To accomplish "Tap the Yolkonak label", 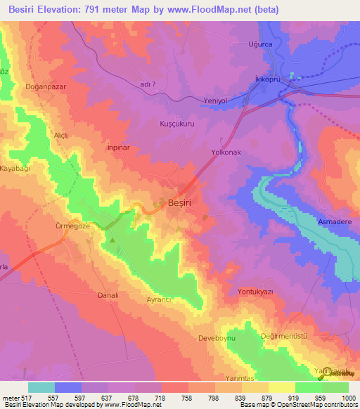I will coord(226,150).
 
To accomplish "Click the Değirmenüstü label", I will coord(283,336).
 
